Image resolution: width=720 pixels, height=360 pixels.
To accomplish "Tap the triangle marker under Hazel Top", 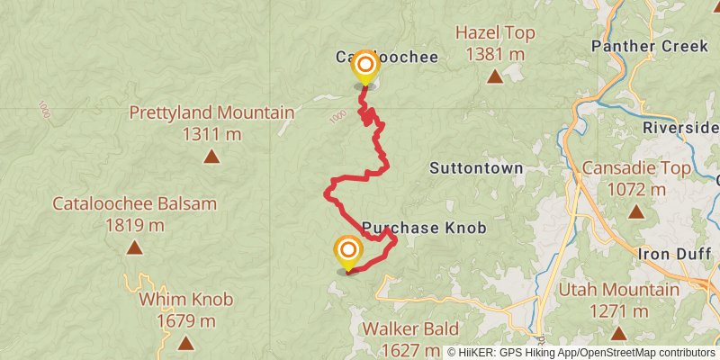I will pyautogui.click(x=495, y=76).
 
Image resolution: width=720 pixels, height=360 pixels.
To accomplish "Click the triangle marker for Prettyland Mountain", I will pyautogui.click(x=211, y=157).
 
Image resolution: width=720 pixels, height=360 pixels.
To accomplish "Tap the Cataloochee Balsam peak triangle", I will pyautogui.click(x=135, y=247).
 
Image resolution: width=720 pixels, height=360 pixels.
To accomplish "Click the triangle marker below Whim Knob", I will pyautogui.click(x=185, y=343).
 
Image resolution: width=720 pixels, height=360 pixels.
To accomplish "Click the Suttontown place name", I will pyautogui.click(x=476, y=167).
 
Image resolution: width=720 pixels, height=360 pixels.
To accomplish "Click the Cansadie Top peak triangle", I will pyautogui.click(x=636, y=212).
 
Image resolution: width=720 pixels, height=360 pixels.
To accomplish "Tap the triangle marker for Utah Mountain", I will pyautogui.click(x=619, y=334).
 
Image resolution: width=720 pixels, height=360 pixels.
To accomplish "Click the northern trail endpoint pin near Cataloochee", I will pyautogui.click(x=364, y=66).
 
